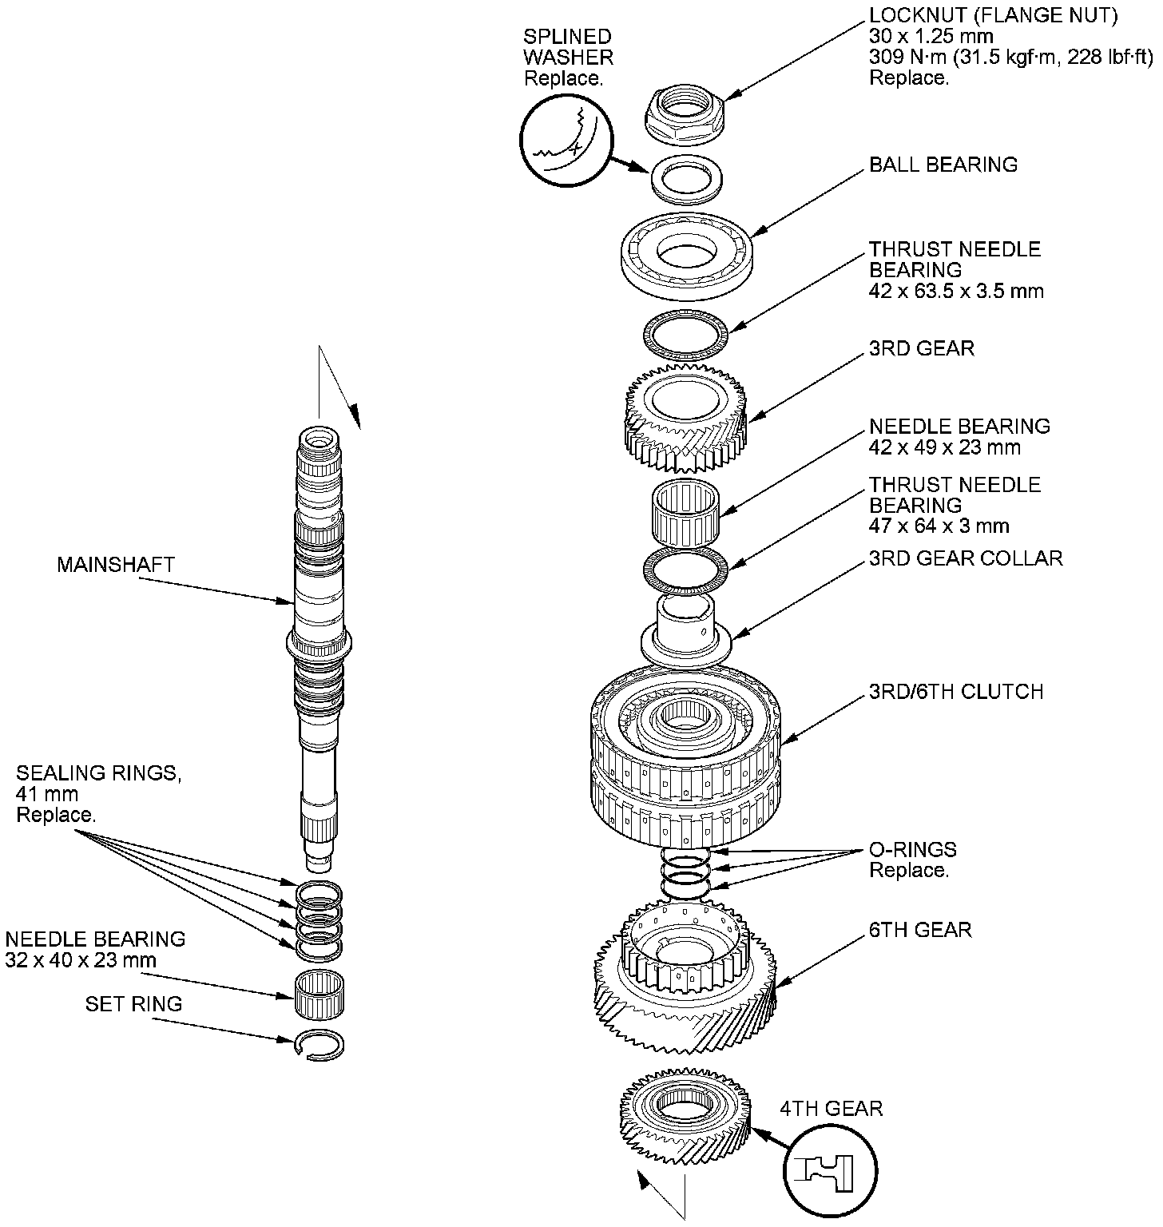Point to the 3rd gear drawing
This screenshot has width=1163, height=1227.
685,417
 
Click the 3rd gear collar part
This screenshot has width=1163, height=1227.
686,630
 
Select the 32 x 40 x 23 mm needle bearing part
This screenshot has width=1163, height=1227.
320,995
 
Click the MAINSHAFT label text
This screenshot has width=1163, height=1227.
116,565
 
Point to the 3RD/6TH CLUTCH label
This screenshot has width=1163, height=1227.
956,692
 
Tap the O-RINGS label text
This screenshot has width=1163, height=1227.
912,850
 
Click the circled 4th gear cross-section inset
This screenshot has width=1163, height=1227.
831,1170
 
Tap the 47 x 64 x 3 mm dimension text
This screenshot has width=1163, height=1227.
939,526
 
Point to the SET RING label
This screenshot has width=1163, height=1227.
134,1004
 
